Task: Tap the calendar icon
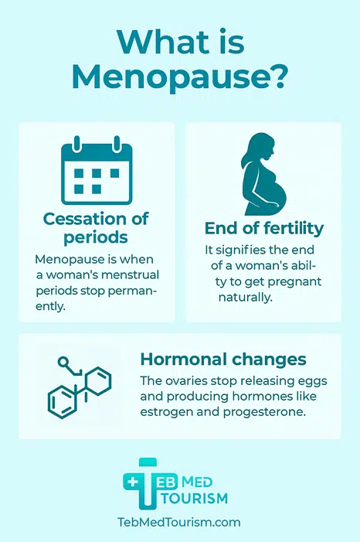pos(97,170)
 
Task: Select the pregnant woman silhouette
pos(264,174)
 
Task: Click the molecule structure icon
pos(80,387)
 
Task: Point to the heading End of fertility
pos(264,228)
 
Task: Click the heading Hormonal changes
pos(223,360)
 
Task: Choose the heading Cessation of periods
pos(96,228)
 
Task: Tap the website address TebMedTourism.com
pos(179,522)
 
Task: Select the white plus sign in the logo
pos(132,482)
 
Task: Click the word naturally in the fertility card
pos(246,297)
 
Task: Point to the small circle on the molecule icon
pos(63,362)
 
